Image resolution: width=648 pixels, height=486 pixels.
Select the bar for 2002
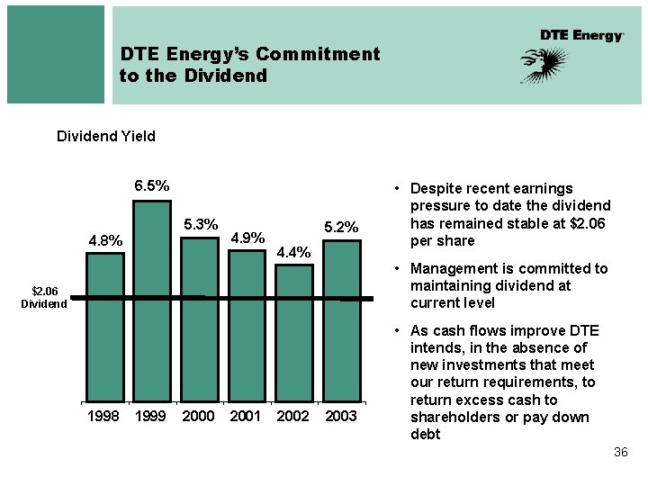pyautogui.click(x=293, y=332)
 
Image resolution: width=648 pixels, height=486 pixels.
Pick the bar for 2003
pyautogui.click(x=341, y=319)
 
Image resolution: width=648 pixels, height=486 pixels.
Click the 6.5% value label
pyautogui.click(x=152, y=185)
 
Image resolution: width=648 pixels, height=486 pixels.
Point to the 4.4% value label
pyautogui.click(x=293, y=252)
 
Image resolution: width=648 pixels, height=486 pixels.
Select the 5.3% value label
pyautogui.click(x=201, y=224)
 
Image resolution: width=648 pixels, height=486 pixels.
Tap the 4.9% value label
pyautogui.click(x=247, y=238)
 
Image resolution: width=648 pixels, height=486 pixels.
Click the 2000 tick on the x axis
pyautogui.click(x=199, y=416)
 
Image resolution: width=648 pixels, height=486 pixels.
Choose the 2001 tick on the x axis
pyautogui.click(x=246, y=416)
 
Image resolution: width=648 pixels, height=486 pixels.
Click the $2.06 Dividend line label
pyautogui.click(x=44, y=297)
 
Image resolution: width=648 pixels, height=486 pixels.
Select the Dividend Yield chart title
pyautogui.click(x=106, y=136)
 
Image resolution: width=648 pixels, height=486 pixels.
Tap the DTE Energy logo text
pyautogui.click(x=581, y=35)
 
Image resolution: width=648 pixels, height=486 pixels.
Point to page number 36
pyautogui.click(x=620, y=452)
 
